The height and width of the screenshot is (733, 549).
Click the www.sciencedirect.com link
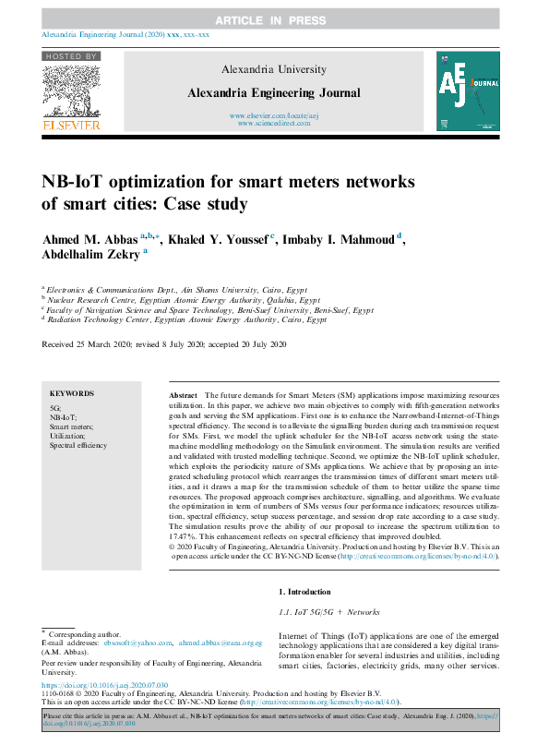coord(274,123)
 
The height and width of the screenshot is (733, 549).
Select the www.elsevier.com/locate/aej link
coord(274,114)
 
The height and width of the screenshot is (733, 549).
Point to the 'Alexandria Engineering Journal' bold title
coord(274,93)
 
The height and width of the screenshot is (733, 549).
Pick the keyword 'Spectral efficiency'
coord(78,445)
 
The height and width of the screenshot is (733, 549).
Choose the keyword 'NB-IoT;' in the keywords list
coord(63,417)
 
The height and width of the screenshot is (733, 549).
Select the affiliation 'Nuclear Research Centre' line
coord(185,300)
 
